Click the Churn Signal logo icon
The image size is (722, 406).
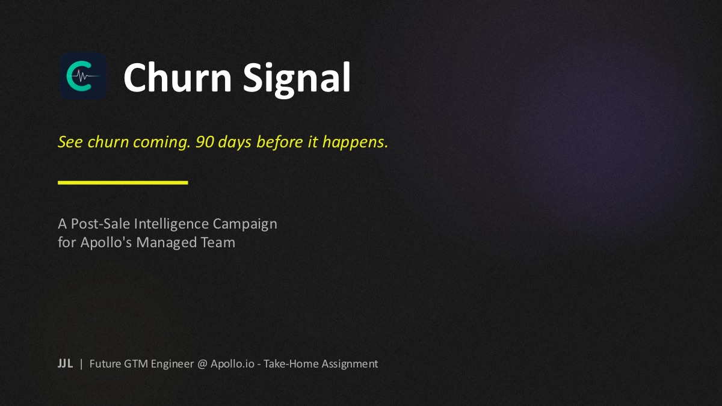(x=83, y=76)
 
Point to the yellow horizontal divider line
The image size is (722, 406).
(x=123, y=182)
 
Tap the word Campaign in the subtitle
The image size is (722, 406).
(x=245, y=224)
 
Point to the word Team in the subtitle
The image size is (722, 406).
(x=218, y=242)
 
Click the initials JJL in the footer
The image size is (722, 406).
(x=65, y=364)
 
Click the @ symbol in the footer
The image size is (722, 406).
(x=202, y=364)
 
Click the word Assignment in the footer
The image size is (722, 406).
(x=350, y=364)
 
